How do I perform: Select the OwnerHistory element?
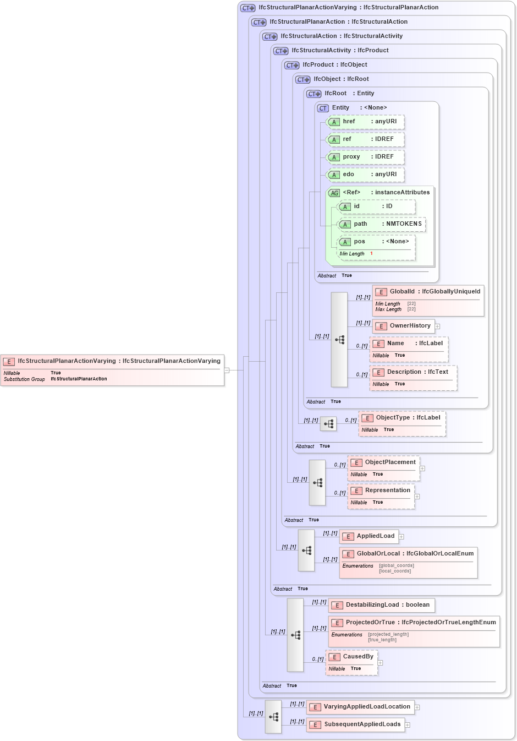pos(404,326)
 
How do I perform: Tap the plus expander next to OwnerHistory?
pos(438,326)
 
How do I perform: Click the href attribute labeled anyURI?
pos(366,122)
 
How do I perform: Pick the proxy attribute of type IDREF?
pos(366,157)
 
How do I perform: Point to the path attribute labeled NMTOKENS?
pos(381,224)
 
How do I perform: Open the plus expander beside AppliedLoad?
pos(402,537)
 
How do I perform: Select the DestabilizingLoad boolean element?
pos(381,605)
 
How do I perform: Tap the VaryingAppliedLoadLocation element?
pos(360,707)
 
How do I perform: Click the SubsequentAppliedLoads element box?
pos(356,724)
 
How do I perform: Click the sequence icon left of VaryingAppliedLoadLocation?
pos(273,717)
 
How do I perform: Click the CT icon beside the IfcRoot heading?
pos(314,94)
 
